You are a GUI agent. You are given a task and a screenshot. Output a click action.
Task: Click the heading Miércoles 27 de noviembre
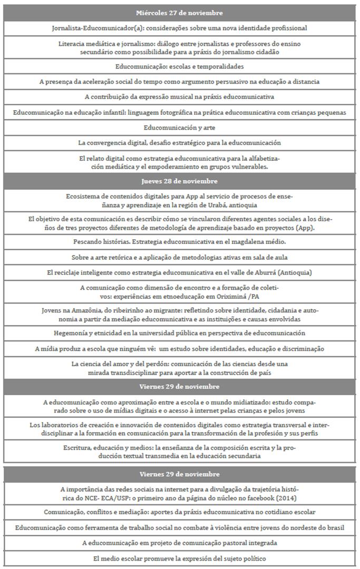click(x=179, y=13)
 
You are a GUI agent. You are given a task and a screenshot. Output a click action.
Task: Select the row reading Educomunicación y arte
click(x=179, y=127)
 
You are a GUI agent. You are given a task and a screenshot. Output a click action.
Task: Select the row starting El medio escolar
click(x=179, y=558)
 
